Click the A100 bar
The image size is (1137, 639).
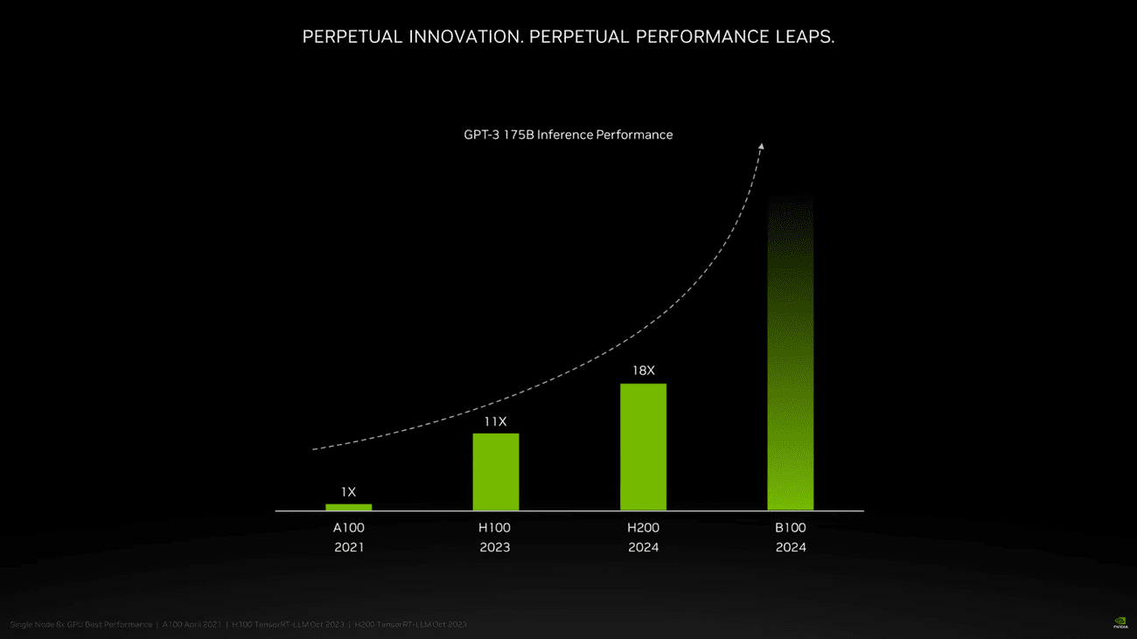point(348,507)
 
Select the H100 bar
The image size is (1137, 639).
point(495,472)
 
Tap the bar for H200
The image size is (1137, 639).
point(643,447)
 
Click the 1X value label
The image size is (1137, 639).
point(348,492)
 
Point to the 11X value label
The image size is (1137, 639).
point(495,422)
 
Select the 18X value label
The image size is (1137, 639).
point(643,371)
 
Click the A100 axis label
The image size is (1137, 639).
point(348,528)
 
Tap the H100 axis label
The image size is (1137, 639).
point(495,528)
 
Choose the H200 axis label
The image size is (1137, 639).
point(643,528)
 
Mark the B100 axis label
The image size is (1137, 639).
point(791,528)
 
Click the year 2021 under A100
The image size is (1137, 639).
point(348,547)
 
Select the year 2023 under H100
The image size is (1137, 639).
point(495,547)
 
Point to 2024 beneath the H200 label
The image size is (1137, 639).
point(643,547)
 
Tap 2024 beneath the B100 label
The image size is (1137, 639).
point(791,547)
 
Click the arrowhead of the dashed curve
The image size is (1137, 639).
point(761,147)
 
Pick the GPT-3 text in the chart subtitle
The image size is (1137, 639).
point(481,135)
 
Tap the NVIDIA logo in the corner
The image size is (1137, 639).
point(1120,623)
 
